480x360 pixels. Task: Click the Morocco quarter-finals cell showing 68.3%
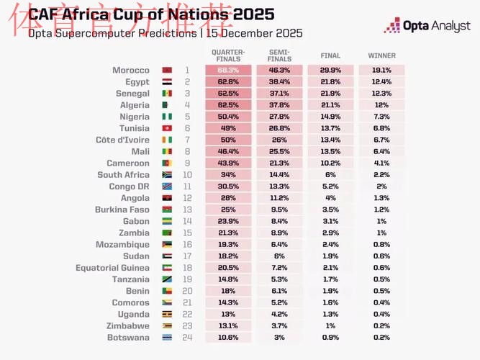tap(228, 71)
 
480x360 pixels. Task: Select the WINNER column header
tap(381, 55)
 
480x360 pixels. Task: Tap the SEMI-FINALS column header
tap(279, 55)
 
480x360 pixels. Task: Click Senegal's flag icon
tap(167, 94)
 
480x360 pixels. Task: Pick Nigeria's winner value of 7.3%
tap(381, 117)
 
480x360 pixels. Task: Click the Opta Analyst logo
tap(427, 27)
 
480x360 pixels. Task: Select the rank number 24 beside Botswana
tap(187, 337)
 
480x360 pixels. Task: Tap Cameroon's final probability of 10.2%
tap(330, 163)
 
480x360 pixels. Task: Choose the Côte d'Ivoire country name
tap(122, 140)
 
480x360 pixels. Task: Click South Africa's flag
tap(167, 175)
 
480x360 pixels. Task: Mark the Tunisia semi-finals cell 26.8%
tap(279, 128)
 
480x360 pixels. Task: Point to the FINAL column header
tap(330, 55)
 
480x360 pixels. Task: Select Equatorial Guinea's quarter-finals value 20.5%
tap(228, 268)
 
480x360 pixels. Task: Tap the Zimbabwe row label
tap(129, 325)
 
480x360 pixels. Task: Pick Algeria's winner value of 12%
tap(381, 105)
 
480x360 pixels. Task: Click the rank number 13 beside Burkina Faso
tap(187, 210)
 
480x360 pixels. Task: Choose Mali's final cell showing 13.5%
tap(330, 152)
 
